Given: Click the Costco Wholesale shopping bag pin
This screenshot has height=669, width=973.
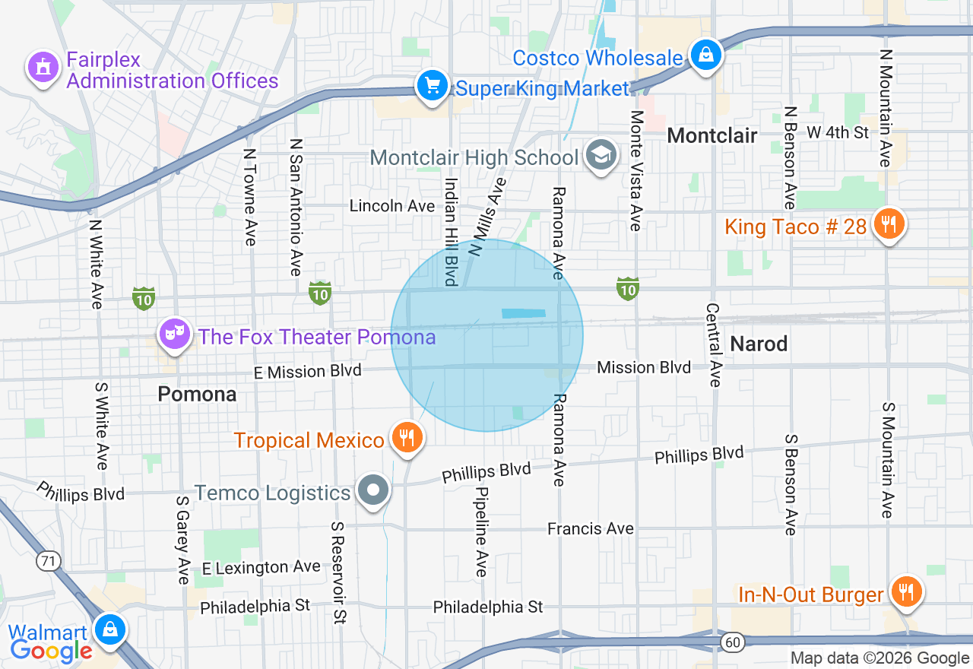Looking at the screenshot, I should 706,55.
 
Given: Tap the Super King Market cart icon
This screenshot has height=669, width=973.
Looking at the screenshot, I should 433,85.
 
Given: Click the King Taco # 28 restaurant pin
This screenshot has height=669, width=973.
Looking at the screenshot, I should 887,224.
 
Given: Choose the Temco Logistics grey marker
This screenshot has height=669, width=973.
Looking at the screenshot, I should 373,490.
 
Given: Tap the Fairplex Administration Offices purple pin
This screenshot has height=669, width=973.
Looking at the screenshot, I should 43,68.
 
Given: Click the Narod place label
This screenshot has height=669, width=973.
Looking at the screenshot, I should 759,344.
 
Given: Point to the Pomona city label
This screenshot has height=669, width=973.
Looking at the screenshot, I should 197,395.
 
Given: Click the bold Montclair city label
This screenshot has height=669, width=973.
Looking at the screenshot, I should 712,136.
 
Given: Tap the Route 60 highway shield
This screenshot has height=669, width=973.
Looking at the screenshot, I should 732,643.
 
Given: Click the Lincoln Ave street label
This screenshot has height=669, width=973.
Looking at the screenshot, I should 392,206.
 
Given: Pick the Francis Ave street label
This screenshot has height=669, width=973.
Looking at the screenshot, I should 591,528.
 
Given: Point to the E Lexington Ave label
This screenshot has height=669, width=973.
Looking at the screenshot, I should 261,568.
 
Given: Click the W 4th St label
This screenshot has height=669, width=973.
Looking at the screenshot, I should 838,132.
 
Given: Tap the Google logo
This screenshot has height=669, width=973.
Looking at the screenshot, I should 52,651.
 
